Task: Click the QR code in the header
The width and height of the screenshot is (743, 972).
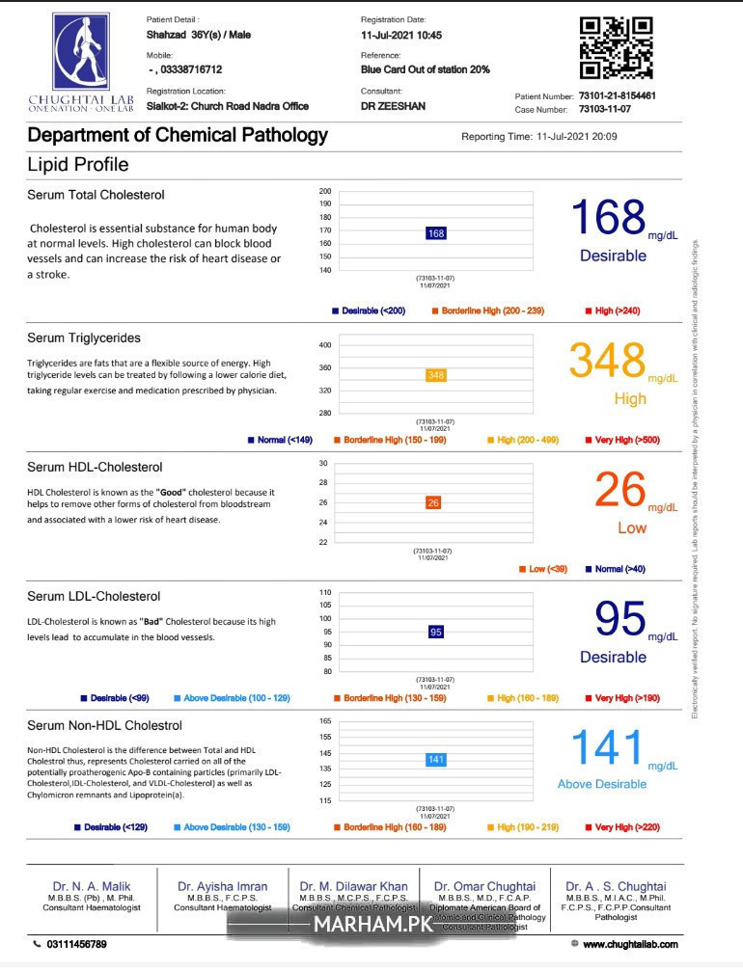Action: (x=616, y=48)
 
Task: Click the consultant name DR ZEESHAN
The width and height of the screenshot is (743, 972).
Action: (x=394, y=106)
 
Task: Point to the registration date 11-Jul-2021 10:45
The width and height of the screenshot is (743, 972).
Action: (x=401, y=35)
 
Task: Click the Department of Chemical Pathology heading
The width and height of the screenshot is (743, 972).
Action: (x=178, y=136)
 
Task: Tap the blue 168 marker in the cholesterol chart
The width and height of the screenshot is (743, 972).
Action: (x=436, y=233)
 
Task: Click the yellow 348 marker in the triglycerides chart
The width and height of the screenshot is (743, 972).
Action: (x=436, y=375)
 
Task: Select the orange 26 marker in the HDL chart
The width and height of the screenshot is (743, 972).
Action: (x=433, y=502)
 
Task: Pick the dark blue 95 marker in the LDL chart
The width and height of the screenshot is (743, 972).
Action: (x=436, y=632)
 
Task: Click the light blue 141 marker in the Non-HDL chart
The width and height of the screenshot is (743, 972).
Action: (x=436, y=760)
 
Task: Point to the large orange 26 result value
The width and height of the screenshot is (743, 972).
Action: (x=619, y=491)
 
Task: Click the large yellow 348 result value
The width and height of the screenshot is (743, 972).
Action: (x=607, y=362)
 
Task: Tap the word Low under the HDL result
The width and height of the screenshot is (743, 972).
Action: (x=632, y=527)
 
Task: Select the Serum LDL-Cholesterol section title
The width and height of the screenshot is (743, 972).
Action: (x=94, y=597)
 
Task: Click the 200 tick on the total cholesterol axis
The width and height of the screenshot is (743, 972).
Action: (x=325, y=192)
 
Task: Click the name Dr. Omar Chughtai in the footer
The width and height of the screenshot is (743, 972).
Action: (x=484, y=886)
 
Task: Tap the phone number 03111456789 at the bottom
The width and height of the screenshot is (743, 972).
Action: (x=76, y=944)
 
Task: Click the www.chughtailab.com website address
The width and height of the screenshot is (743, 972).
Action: (x=630, y=944)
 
